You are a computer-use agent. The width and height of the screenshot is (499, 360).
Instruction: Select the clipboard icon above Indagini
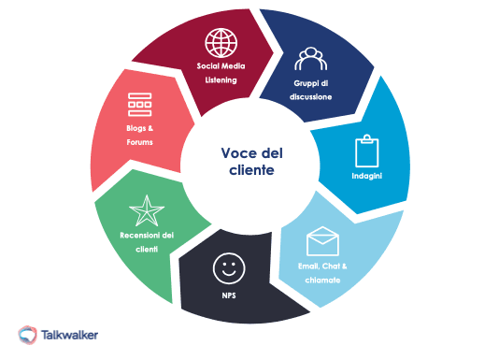click(365, 151)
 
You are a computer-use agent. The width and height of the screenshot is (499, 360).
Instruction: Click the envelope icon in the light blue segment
click(321, 240)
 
